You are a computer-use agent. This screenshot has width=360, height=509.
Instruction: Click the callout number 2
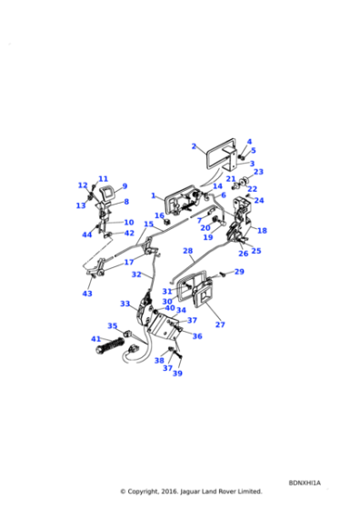194,145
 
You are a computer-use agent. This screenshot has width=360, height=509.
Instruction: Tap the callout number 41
95,339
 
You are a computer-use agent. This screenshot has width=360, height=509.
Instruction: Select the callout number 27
219,324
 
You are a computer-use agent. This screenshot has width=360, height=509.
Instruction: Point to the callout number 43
87,294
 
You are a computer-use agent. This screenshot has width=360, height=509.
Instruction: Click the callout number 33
125,304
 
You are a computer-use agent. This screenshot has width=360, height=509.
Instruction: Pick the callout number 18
262,231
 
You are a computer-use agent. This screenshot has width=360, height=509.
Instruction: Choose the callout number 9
125,186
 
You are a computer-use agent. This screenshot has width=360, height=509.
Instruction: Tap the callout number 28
187,251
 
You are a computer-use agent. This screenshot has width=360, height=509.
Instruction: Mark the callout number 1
155,195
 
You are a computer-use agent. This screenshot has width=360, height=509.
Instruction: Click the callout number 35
113,325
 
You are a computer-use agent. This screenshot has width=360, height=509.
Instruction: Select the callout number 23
258,172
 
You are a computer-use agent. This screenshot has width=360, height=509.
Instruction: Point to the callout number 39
177,374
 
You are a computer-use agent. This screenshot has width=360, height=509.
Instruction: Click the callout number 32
135,274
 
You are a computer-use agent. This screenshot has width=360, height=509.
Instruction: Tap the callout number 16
159,215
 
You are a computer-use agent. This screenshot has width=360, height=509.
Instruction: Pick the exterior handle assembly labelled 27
200,295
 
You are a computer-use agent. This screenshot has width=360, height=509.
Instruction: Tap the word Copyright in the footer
152,492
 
